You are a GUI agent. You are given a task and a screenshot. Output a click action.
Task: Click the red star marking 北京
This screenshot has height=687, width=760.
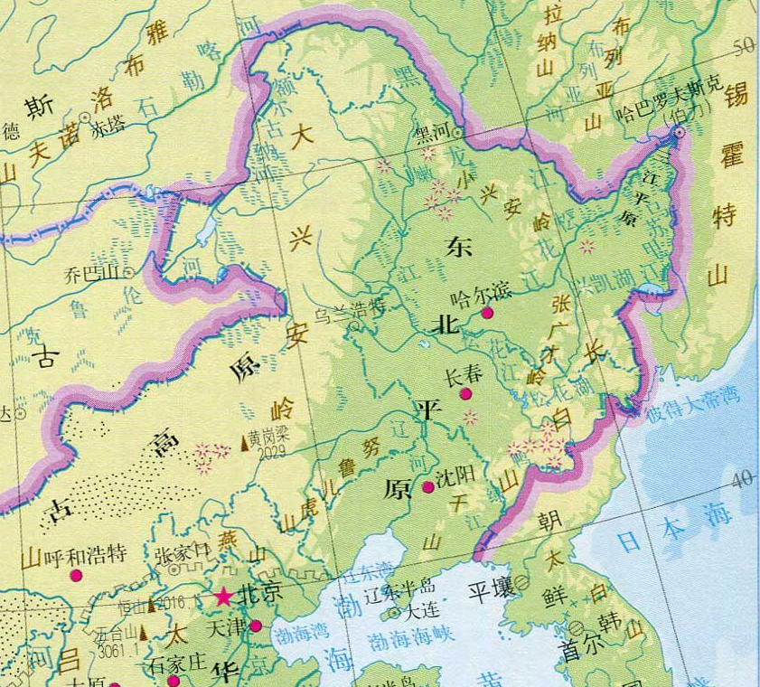coord(222,597)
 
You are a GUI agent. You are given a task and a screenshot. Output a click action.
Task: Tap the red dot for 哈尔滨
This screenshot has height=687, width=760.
coord(487,313)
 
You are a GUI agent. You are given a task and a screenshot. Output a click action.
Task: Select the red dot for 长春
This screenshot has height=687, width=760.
coord(465,394)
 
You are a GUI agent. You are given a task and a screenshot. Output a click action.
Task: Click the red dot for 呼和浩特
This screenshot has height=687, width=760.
coord(77,575)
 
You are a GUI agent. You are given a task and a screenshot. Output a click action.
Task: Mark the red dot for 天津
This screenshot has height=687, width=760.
coord(256,626)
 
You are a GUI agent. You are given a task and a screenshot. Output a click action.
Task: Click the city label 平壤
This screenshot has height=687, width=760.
coord(491,591)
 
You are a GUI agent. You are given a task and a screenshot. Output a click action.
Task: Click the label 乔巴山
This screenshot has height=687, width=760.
coord(93,270)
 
